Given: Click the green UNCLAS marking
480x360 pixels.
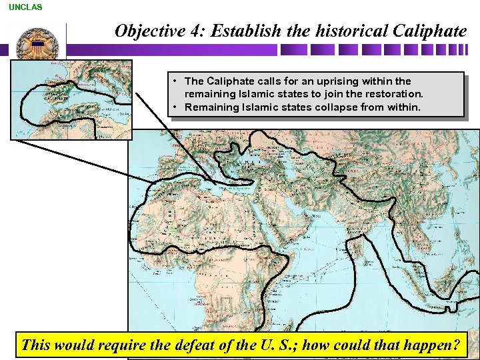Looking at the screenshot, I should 25,7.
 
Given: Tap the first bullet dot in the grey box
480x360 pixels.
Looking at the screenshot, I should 174,81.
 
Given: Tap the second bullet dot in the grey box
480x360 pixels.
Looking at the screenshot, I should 174,107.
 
